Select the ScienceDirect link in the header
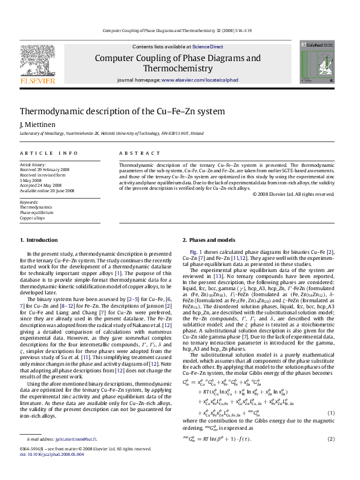pyautogui.click(x=207, y=47)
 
